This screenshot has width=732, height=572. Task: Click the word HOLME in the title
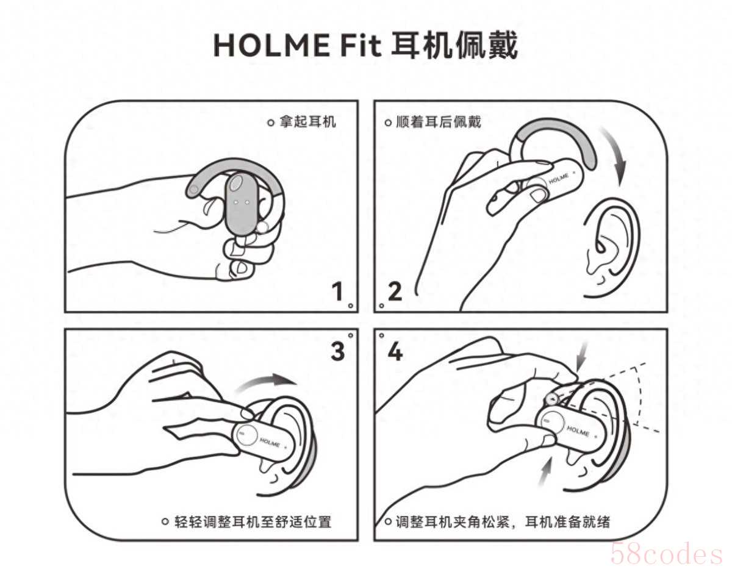click(271, 46)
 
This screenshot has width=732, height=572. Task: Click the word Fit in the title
click(361, 46)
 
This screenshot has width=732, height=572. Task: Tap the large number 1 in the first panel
click(337, 291)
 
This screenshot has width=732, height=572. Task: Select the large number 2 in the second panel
click(395, 291)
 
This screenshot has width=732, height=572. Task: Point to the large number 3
click(337, 351)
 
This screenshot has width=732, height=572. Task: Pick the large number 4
click(395, 352)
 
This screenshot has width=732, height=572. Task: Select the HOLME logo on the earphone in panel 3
click(270, 442)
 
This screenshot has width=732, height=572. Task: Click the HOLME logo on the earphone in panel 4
click(578, 431)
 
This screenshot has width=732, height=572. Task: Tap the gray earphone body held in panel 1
click(242, 204)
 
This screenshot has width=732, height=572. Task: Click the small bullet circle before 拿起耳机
click(271, 123)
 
